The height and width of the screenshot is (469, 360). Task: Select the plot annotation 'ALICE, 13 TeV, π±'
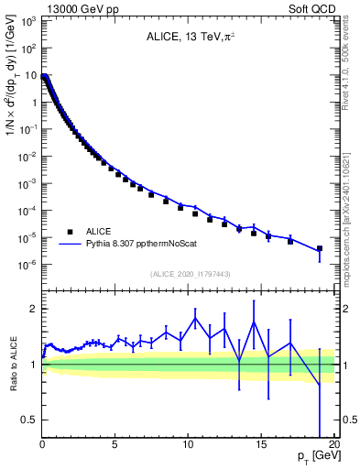(x=189, y=38)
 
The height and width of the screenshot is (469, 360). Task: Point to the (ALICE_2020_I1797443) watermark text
(x=189, y=274)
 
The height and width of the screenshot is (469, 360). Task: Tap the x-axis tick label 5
(x=115, y=444)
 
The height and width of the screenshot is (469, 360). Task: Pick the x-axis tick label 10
(x=188, y=444)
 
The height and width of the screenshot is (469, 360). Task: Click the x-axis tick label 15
(x=261, y=444)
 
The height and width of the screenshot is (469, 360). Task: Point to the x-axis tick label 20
(x=333, y=444)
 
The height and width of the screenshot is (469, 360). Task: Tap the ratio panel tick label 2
(x=34, y=309)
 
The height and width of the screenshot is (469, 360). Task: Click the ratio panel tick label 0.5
(x=30, y=420)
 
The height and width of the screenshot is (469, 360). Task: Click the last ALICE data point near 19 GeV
(x=320, y=248)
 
